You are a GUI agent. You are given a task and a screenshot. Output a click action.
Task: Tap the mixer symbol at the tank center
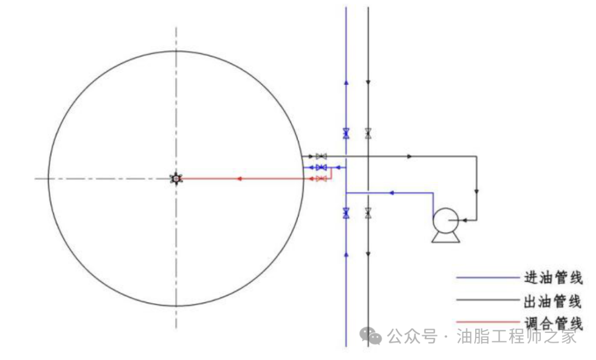[176, 178]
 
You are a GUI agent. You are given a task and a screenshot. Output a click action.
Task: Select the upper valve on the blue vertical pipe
[346, 134]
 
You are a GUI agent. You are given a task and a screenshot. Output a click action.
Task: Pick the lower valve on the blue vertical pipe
[346, 213]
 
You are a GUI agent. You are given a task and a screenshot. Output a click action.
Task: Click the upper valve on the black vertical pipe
[368, 134]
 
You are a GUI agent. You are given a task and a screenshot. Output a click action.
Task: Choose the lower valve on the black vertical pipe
[368, 213]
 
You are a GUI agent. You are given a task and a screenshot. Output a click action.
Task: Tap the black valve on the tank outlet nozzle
[321, 156]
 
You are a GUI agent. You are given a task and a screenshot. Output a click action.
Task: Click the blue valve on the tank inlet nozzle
[321, 167]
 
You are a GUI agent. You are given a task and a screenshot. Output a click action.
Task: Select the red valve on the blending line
[321, 179]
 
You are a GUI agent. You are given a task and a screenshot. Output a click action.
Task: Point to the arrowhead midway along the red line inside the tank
[239, 179]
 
